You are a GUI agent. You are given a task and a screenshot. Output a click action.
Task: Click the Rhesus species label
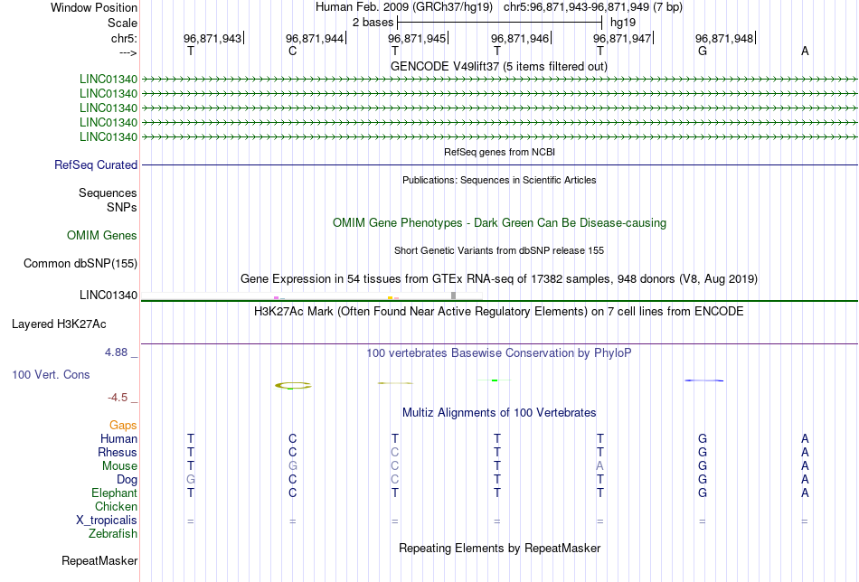(x=118, y=452)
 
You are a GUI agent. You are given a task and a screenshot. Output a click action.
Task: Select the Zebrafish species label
(x=113, y=533)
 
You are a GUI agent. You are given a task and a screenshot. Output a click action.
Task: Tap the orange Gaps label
(x=123, y=426)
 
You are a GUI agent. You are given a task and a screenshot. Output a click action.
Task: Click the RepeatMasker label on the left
(x=99, y=560)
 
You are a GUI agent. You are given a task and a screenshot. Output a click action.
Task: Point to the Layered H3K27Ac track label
(x=59, y=324)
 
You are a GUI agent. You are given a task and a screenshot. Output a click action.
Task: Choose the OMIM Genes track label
(x=102, y=236)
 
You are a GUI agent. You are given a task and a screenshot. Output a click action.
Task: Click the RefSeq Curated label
(x=96, y=164)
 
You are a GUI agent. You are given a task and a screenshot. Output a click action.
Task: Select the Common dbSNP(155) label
(x=80, y=263)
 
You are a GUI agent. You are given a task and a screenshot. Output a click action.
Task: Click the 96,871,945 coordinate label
(x=417, y=38)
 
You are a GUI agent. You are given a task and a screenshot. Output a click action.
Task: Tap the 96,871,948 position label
(x=724, y=38)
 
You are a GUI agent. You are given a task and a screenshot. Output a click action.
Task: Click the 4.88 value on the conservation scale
(x=117, y=352)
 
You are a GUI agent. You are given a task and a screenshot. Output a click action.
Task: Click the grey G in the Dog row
(x=191, y=480)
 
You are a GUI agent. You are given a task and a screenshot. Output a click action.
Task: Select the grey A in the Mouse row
(x=599, y=466)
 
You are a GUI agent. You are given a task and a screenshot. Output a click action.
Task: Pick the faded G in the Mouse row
(x=293, y=466)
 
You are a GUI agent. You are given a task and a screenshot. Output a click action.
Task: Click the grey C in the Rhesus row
(x=395, y=452)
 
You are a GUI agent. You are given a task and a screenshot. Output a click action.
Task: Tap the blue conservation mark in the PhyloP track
(x=704, y=380)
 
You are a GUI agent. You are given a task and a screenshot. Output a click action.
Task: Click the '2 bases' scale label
(x=373, y=23)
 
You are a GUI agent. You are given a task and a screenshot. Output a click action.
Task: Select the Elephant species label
(x=115, y=493)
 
